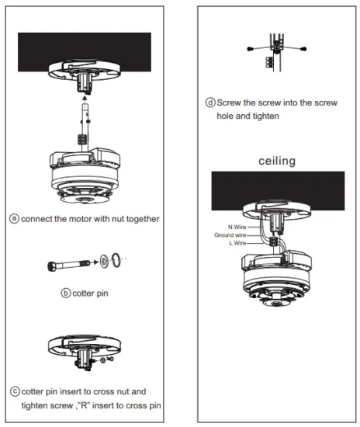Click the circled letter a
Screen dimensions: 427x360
pos(14,219)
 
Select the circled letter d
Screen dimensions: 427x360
pos(210,102)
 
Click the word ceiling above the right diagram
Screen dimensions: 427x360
pos(276,161)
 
